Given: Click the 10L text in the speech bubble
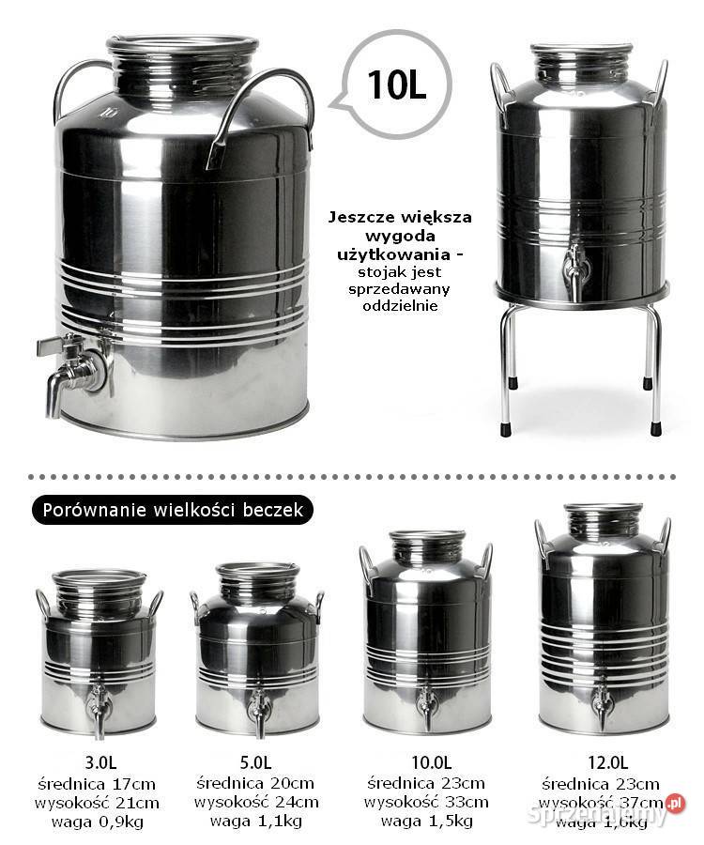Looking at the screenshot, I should point(396,84).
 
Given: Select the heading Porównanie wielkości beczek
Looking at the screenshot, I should point(172,511).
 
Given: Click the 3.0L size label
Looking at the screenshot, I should point(97,761).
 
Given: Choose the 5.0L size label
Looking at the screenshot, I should point(255,761).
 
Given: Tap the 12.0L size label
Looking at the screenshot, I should point(600,761).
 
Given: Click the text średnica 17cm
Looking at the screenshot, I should point(97,783).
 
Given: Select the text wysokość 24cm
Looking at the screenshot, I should point(255,803).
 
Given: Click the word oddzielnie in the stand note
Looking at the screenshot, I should point(401,306).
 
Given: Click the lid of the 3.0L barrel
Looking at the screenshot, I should point(99,576).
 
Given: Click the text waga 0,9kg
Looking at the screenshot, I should point(97,822).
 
